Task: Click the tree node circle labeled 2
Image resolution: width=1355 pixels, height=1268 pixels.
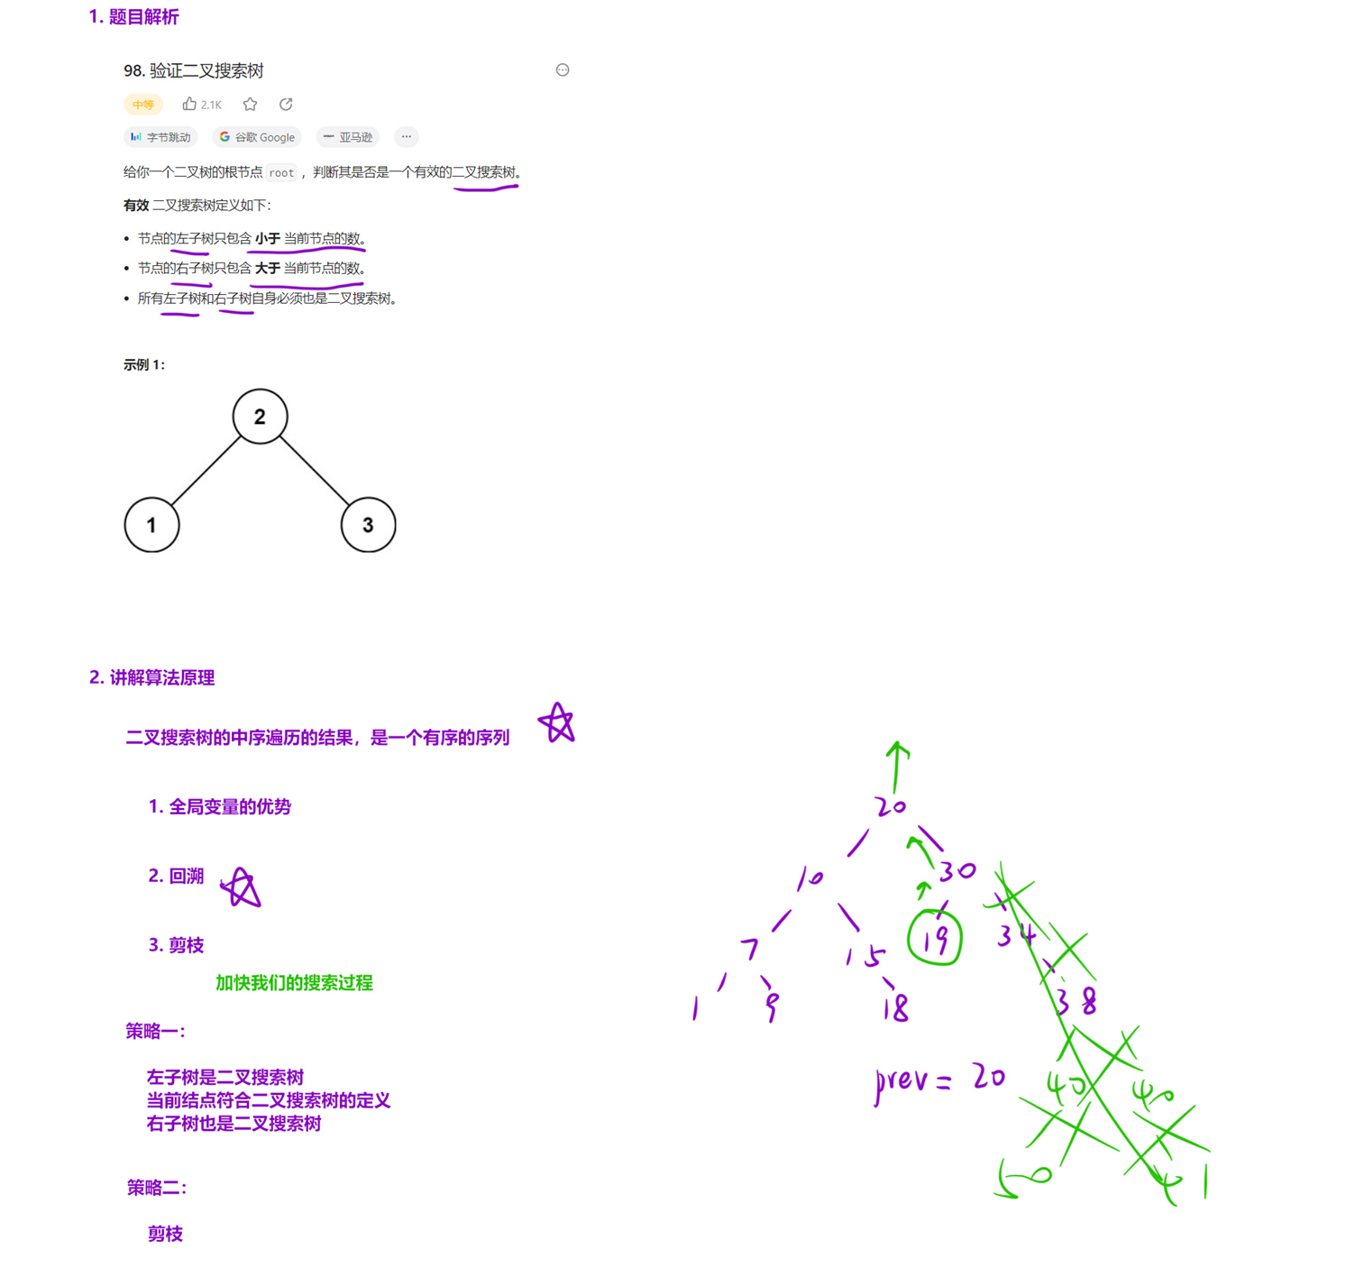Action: tap(260, 417)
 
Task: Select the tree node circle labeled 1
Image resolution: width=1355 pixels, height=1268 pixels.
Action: tap(151, 525)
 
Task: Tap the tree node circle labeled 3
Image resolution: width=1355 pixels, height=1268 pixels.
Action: tap(368, 525)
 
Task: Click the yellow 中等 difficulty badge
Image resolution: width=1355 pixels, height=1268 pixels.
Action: tap(142, 105)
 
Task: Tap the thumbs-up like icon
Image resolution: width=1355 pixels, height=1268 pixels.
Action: tap(189, 104)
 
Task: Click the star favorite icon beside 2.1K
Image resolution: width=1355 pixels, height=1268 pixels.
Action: tap(251, 105)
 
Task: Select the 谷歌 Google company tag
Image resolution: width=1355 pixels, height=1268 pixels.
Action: tap(258, 137)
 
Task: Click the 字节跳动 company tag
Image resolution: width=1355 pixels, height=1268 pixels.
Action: tap(160, 137)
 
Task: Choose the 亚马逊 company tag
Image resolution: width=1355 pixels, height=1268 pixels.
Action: tap(348, 137)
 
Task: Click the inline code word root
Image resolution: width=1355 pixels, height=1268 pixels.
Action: tap(281, 172)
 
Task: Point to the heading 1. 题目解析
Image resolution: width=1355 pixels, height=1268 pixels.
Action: tap(133, 17)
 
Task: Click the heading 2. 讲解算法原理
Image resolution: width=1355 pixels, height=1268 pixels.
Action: tap(151, 677)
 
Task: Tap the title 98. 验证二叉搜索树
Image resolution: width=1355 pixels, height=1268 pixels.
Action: tap(194, 70)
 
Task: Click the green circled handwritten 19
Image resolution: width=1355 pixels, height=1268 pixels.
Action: tap(935, 939)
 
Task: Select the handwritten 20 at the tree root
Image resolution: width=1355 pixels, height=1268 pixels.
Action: tap(890, 805)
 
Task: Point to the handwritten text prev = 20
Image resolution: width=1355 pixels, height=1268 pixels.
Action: tap(939, 1079)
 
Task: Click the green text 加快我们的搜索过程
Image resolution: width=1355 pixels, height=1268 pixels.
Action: tap(294, 983)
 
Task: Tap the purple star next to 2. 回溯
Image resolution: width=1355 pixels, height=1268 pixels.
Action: tap(241, 888)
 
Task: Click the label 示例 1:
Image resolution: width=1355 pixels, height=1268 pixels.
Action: tap(144, 364)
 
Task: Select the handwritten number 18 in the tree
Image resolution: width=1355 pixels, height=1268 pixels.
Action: tap(895, 1006)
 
